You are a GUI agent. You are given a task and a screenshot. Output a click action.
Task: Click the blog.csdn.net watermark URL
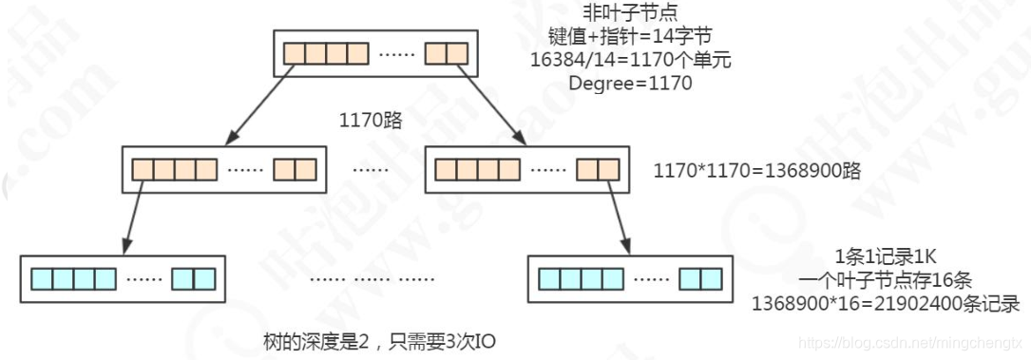(909, 340)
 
